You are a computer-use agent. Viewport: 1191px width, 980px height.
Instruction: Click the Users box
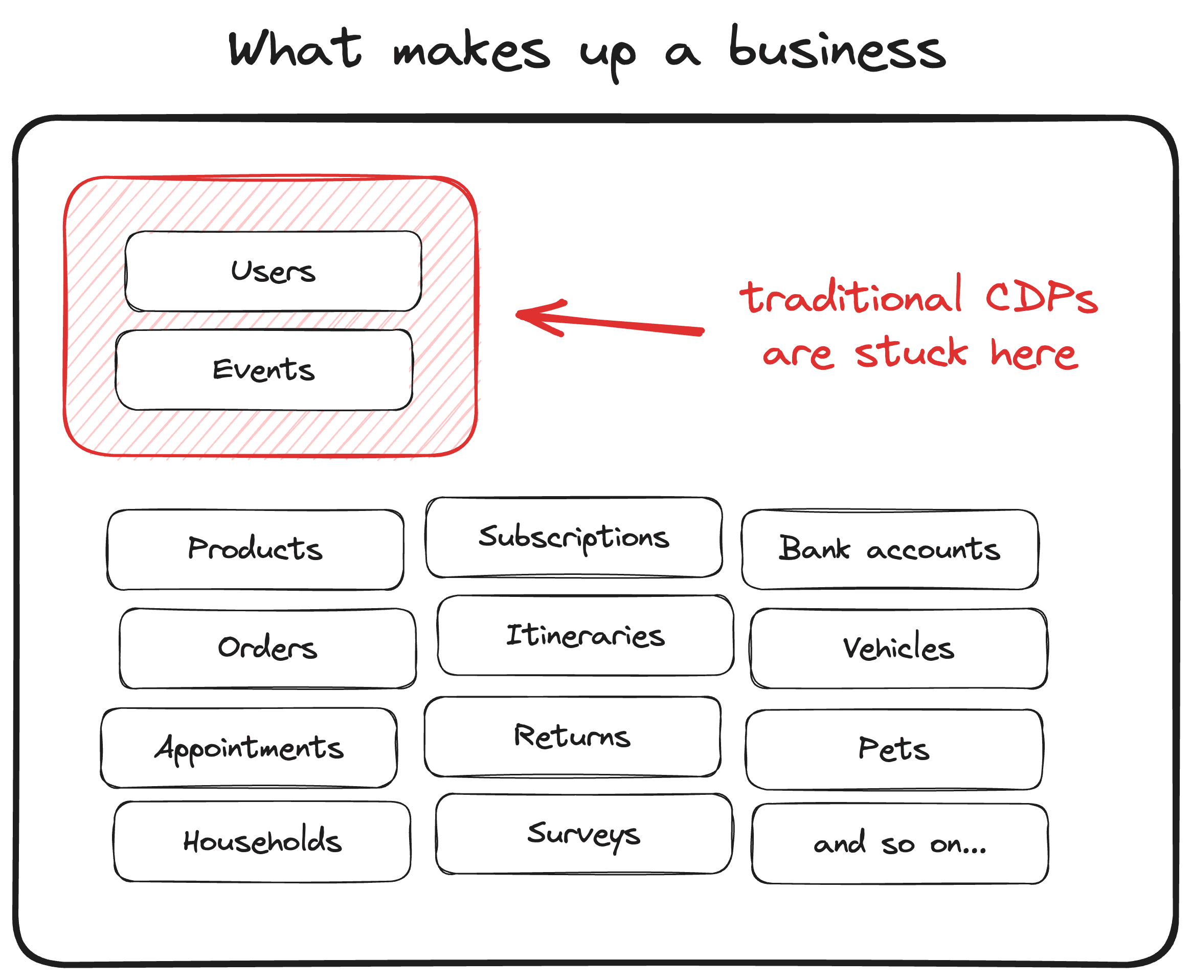(273, 271)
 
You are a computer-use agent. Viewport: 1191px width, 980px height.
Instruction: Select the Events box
(263, 370)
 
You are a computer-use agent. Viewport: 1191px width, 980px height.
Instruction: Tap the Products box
(255, 549)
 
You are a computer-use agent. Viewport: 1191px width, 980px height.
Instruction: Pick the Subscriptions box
(574, 538)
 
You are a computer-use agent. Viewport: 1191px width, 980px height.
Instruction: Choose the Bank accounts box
(890, 549)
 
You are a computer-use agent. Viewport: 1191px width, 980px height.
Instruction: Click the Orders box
(267, 648)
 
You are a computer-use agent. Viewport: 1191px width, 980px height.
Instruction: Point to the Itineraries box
(586, 636)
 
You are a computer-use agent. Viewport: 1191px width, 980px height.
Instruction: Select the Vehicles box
(898, 648)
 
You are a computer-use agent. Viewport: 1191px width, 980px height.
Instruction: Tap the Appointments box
(249, 748)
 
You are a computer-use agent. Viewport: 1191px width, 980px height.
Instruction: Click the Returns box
(572, 737)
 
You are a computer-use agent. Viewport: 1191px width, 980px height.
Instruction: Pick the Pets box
(894, 750)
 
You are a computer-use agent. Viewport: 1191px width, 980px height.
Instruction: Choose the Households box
(262, 841)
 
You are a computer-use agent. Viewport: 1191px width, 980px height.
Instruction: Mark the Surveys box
(584, 834)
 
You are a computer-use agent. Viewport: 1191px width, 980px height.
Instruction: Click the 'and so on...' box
(900, 844)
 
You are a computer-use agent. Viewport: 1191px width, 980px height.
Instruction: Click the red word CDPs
(1041, 298)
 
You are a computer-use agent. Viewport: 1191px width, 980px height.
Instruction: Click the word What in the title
(295, 50)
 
